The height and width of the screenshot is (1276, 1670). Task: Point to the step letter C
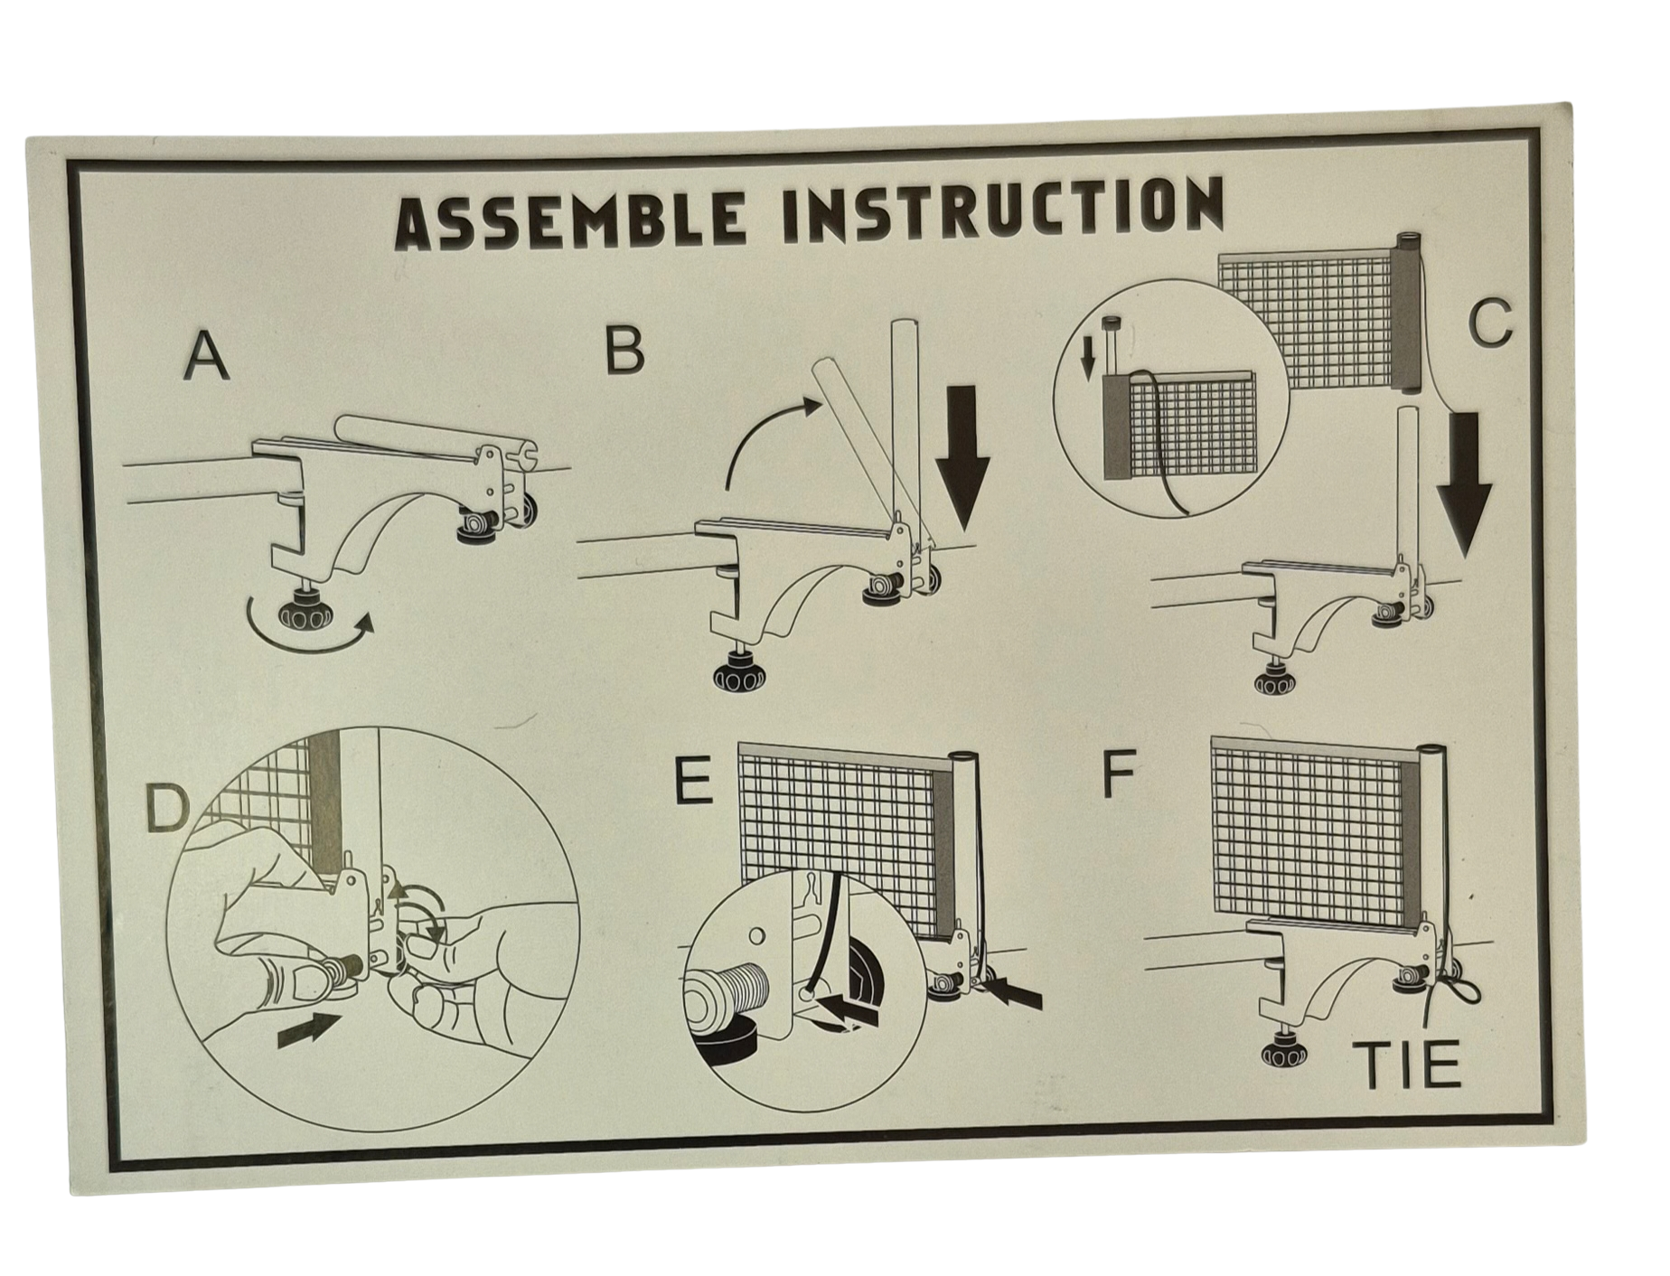(1490, 324)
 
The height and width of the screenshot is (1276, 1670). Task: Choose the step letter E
(693, 782)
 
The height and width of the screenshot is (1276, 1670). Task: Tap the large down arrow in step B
(962, 456)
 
